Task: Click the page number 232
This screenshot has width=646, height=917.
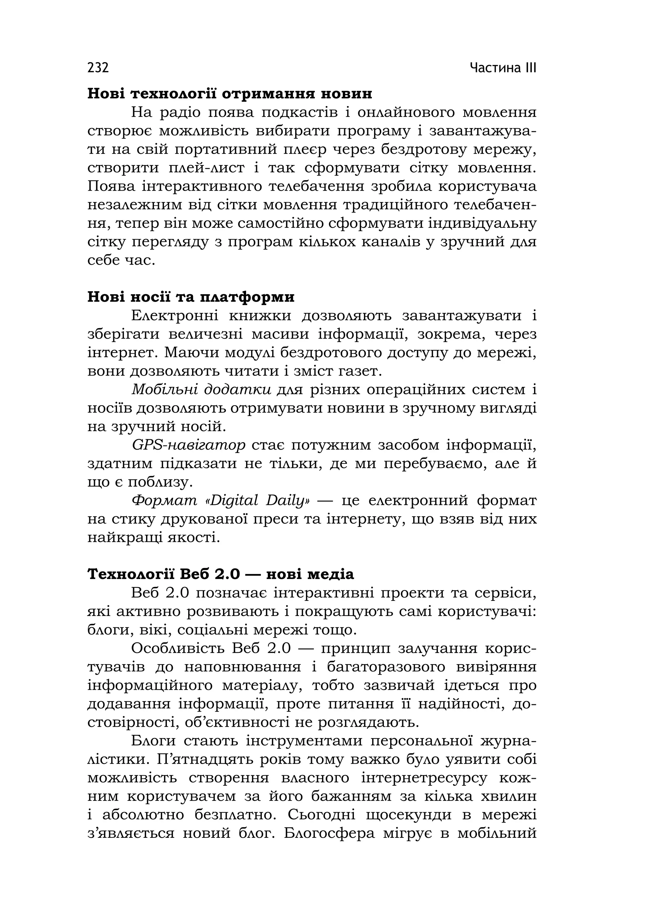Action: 98,68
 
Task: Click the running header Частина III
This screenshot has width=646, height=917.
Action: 503,68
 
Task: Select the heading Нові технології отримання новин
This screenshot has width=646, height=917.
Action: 230,94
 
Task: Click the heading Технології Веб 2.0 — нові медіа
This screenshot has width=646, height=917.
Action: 220,574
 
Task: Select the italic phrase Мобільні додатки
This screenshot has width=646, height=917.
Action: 202,389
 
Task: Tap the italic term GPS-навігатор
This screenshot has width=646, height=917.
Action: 188,445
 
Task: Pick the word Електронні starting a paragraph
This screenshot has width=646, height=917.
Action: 175,316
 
